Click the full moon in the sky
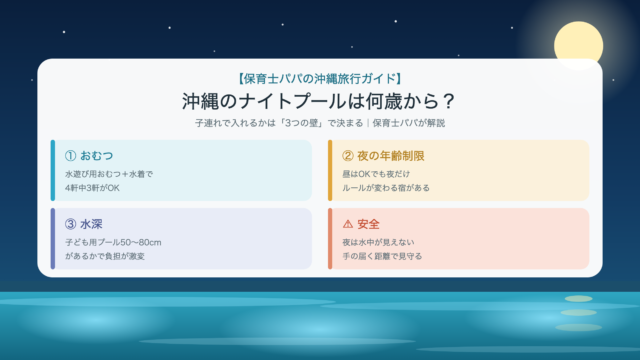pyautogui.click(x=578, y=46)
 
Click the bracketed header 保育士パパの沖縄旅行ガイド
pyautogui.click(x=320, y=78)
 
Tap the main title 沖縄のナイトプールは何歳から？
pyautogui.click(x=318, y=101)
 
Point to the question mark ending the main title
pyautogui.click(x=449, y=101)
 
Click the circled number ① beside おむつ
pyautogui.click(x=70, y=156)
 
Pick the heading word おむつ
pyautogui.click(x=96, y=156)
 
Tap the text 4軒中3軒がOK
pyautogui.click(x=92, y=188)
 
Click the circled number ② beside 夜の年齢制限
pyautogui.click(x=348, y=156)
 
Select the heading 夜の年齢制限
pyautogui.click(x=391, y=156)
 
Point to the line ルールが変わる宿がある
pyautogui.click(x=386, y=188)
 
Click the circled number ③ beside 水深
pyautogui.click(x=70, y=224)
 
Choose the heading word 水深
pyautogui.click(x=91, y=224)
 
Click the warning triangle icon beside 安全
pyautogui.click(x=348, y=224)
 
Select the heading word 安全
pyautogui.click(x=368, y=224)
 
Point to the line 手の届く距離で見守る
pyautogui.click(x=382, y=256)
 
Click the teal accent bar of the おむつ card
pyautogui.click(x=53, y=170)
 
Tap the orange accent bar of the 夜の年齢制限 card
pyautogui.click(x=330, y=170)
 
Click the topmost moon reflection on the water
pyautogui.click(x=578, y=299)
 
